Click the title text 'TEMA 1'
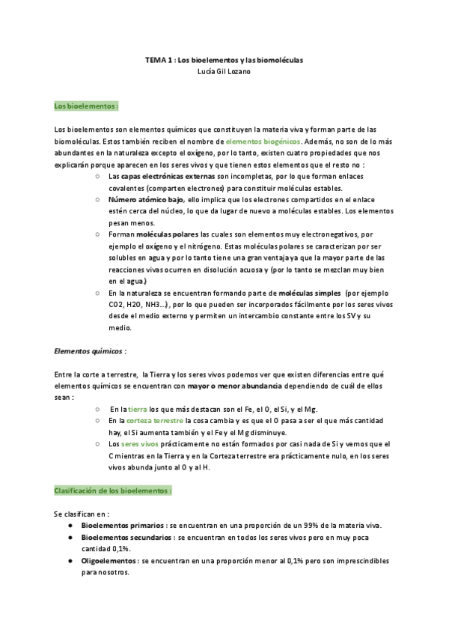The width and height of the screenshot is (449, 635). (x=159, y=59)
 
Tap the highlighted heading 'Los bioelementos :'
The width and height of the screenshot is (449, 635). (x=86, y=106)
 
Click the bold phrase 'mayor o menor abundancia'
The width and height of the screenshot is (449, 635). (x=234, y=386)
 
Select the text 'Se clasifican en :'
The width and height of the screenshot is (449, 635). (x=82, y=514)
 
